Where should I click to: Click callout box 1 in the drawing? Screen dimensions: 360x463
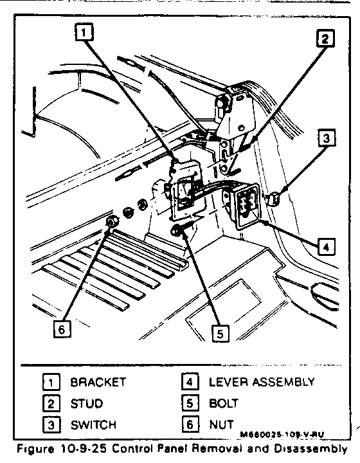click(x=84, y=32)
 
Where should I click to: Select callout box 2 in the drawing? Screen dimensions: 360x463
click(x=325, y=39)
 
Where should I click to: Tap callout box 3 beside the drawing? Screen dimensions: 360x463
click(x=327, y=138)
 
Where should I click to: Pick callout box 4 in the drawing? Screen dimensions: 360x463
click(x=326, y=246)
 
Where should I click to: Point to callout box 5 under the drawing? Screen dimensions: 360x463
click(x=221, y=333)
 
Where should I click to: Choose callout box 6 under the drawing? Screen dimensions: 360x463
click(x=62, y=329)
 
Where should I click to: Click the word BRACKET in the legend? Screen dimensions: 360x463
click(x=98, y=382)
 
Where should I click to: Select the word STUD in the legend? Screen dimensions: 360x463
click(x=86, y=404)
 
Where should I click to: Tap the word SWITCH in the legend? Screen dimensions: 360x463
click(x=93, y=425)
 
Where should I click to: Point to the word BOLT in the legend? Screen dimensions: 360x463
click(x=223, y=403)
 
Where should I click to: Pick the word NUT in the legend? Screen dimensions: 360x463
click(x=221, y=424)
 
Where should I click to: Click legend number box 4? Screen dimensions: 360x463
click(x=190, y=381)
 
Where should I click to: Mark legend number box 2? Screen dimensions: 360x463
click(x=51, y=404)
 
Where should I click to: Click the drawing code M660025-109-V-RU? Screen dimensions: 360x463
click(x=282, y=434)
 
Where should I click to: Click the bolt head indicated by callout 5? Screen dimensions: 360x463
click(x=176, y=230)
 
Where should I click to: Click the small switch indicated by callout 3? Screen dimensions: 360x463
click(x=274, y=199)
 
